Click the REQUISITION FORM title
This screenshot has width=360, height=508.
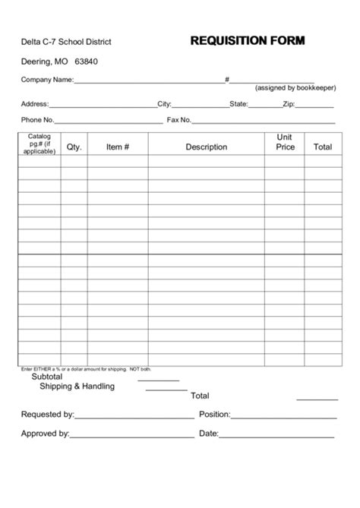(247, 41)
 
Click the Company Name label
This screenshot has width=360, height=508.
(47, 80)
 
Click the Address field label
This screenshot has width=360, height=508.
(35, 103)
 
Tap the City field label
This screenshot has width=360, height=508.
(164, 103)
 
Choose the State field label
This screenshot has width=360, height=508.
(238, 103)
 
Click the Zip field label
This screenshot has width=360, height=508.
(289, 103)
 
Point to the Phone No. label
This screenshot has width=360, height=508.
(38, 120)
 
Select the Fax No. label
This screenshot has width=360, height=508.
(179, 120)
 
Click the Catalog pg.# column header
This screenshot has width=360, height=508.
(39, 144)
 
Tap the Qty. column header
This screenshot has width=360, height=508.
(74, 147)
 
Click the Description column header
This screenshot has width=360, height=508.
(206, 147)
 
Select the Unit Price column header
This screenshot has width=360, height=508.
(285, 143)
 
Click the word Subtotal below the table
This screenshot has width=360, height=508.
(47, 377)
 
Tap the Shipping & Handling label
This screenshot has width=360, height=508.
(77, 387)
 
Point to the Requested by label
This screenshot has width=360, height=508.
(47, 415)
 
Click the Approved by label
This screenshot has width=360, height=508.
(46, 434)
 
